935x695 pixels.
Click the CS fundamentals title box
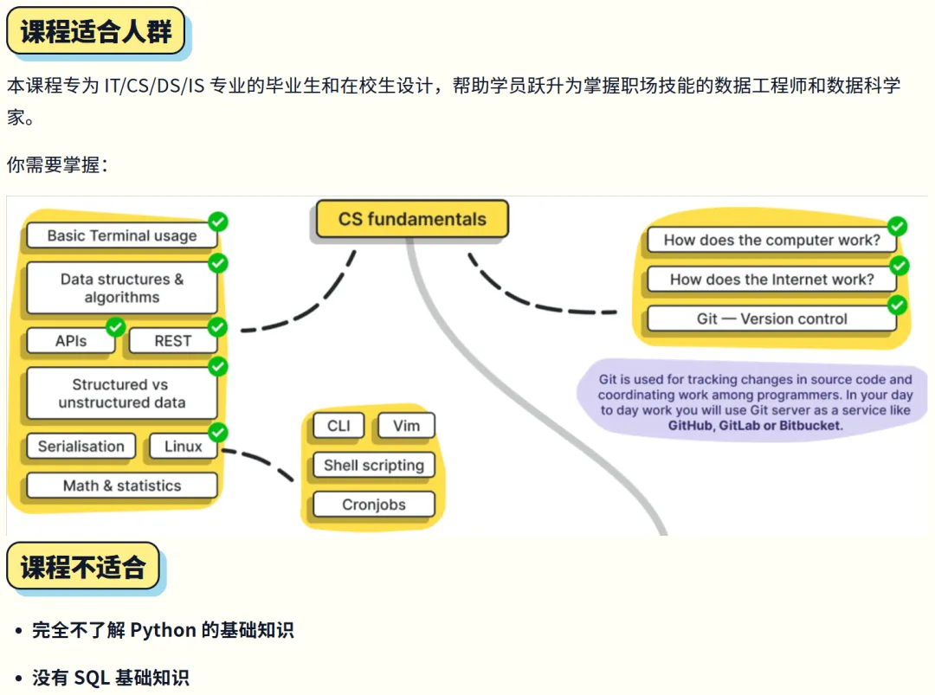click(411, 219)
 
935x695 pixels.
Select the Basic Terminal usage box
click(121, 235)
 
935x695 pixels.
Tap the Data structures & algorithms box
click(121, 288)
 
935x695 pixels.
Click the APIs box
click(70, 341)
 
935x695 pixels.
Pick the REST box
click(172, 341)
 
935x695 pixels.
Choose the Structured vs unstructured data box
click(121, 393)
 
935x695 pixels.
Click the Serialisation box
click(81, 447)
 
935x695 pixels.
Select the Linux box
click(183, 447)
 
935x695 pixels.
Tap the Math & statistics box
click(121, 486)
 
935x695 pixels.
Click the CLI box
click(339, 426)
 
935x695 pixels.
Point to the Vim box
click(406, 426)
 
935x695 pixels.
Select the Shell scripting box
click(373, 465)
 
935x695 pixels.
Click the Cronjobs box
click(373, 505)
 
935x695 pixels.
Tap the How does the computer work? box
click(771, 241)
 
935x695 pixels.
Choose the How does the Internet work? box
click(771, 280)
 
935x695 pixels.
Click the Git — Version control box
click(771, 319)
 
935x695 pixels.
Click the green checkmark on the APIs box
click(115, 326)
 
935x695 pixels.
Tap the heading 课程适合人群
click(95, 31)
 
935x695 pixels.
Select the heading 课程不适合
click(83, 567)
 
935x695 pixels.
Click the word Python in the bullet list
click(163, 630)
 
